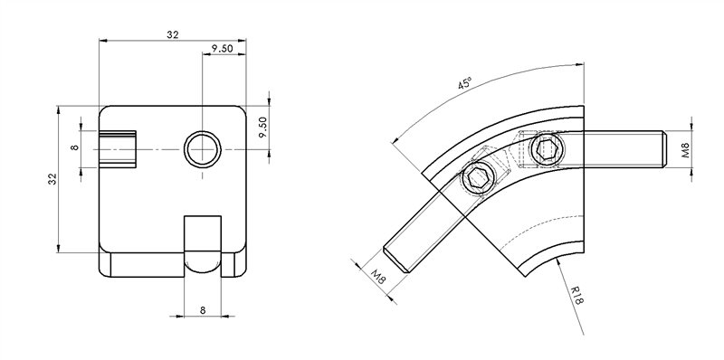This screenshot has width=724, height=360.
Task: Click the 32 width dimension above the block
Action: coord(172,33)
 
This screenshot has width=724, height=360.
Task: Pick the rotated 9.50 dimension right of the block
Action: coord(262,128)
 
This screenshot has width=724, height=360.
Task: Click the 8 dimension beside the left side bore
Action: coord(75,147)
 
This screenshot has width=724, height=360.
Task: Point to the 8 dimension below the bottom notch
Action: coord(203,310)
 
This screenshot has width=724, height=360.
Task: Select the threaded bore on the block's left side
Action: coord(118,147)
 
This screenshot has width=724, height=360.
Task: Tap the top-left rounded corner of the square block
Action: coord(103,110)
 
